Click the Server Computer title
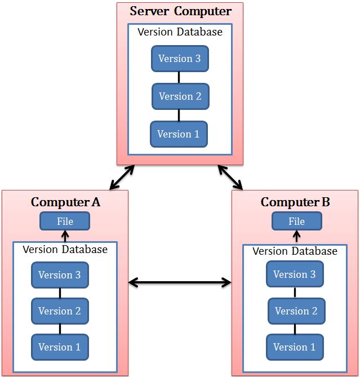(x=180, y=11)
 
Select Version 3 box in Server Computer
(x=179, y=59)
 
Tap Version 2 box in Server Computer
(x=180, y=96)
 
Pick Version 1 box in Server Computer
(x=178, y=134)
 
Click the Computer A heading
(x=65, y=202)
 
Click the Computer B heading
(x=295, y=202)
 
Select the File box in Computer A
(x=65, y=221)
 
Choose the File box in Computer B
(x=296, y=221)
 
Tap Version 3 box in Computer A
(x=59, y=275)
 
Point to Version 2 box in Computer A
(x=59, y=311)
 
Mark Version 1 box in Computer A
(x=59, y=347)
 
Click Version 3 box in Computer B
(x=294, y=274)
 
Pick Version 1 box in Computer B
(x=295, y=347)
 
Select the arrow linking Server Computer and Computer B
(x=230, y=178)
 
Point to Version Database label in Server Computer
(x=180, y=32)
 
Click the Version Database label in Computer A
(x=65, y=249)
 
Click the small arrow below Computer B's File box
(x=296, y=236)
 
